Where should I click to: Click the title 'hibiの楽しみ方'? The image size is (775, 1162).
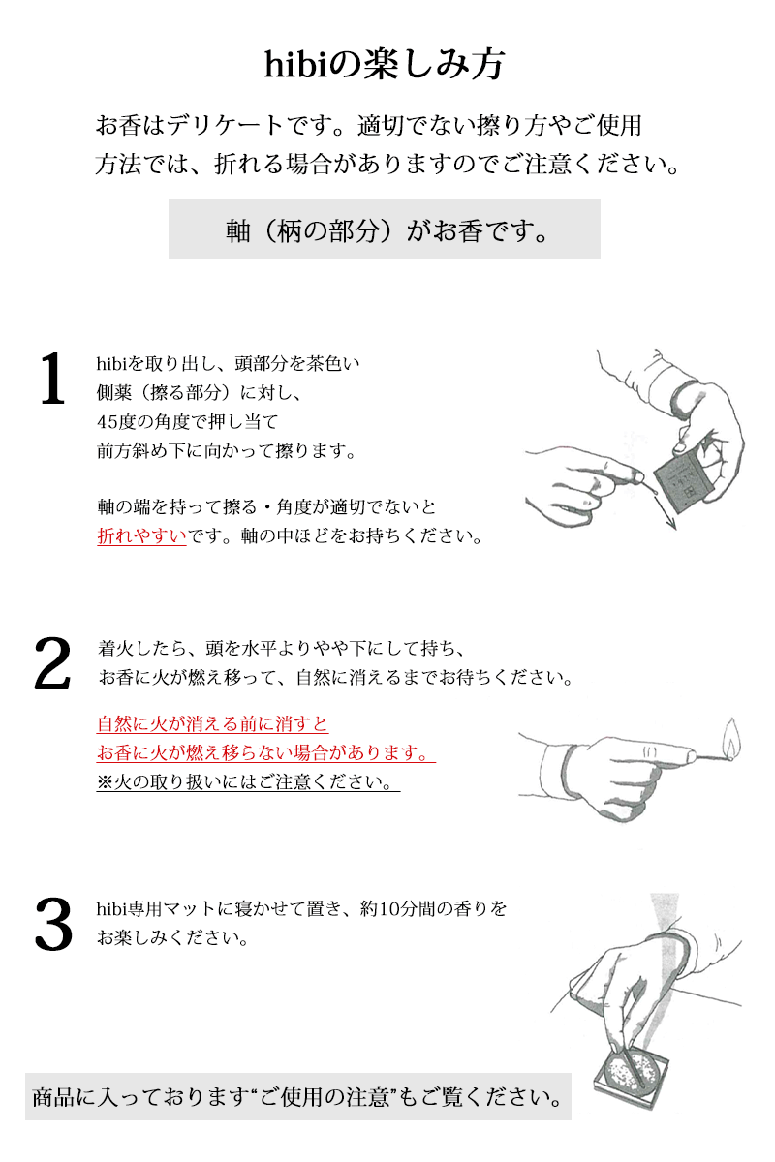[385, 66]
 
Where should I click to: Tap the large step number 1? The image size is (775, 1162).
[52, 378]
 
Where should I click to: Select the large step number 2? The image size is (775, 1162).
[52, 663]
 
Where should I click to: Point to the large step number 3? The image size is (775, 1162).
[53, 924]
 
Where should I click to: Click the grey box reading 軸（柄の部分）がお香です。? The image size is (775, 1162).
[385, 229]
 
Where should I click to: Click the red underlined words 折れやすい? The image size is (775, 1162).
[141, 535]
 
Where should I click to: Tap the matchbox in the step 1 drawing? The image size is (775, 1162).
[680, 483]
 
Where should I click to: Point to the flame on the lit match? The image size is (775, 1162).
[732, 738]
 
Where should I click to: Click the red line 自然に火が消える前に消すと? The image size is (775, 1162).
[212, 723]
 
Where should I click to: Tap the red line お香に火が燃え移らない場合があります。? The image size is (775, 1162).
[265, 752]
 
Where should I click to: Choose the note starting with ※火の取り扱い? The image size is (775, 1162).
[248, 781]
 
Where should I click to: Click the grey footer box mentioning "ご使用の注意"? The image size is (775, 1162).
[298, 1096]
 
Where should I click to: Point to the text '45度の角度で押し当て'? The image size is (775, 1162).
[187, 422]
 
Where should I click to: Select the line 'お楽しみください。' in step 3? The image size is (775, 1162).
[173, 937]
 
